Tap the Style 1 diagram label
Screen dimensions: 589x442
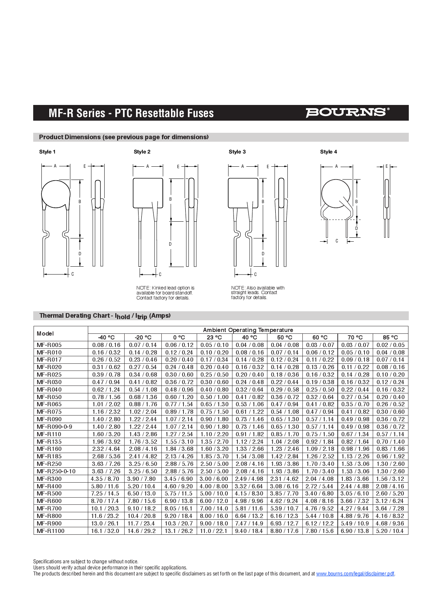point(47,152)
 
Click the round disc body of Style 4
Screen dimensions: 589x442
point(335,193)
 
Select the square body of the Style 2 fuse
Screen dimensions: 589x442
point(148,193)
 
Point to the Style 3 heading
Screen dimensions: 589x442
point(237,152)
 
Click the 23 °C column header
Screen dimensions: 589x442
point(214,337)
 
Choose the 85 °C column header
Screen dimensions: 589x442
point(390,337)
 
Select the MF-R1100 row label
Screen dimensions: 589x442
point(51,531)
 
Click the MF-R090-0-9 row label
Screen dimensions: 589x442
point(54,427)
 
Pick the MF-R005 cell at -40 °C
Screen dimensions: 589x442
point(106,345)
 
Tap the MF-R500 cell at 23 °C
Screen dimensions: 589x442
point(214,493)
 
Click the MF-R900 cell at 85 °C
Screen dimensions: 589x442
point(390,523)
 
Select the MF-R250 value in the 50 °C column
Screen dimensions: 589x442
point(285,464)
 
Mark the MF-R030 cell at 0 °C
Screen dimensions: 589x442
point(179,382)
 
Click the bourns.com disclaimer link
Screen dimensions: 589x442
point(355,574)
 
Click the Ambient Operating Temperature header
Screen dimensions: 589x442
point(248,330)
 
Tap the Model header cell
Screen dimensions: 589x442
point(45,333)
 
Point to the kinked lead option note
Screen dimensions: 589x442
point(165,293)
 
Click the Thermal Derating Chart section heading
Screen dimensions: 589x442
point(105,316)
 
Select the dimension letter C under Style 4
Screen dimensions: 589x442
point(336,241)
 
